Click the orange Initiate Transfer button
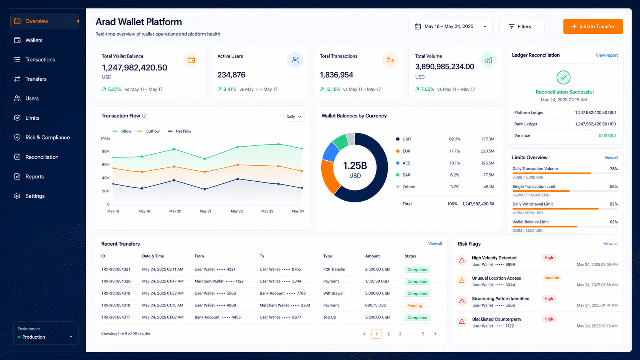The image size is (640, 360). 593,26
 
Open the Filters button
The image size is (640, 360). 522,26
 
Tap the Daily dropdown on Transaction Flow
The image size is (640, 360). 294,116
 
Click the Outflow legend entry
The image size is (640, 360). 148,131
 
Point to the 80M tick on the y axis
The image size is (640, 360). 105,151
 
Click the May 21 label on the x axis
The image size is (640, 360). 206,211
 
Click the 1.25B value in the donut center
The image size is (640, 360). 355,166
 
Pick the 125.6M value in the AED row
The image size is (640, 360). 487,163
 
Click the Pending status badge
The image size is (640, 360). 415,305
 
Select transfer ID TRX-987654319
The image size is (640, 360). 116,293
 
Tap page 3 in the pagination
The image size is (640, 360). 400,334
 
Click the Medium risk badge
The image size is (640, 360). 552,278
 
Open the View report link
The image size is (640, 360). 607,55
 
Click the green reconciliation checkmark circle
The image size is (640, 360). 563,77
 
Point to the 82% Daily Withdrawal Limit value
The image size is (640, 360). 614,204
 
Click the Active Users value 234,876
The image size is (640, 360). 231,75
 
